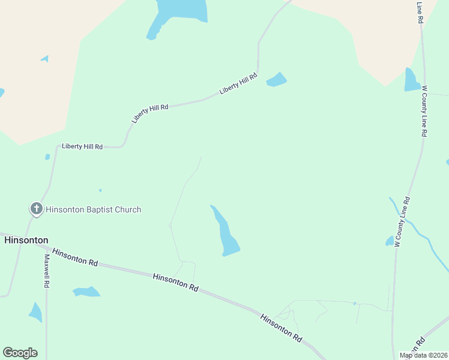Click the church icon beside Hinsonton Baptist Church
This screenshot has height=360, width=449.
[x=36, y=209]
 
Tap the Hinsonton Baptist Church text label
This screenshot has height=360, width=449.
[x=94, y=209]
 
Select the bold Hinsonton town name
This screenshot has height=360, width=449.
[x=26, y=240]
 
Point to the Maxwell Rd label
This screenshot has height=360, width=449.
[x=46, y=271]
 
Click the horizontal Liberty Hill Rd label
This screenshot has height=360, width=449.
[x=82, y=146]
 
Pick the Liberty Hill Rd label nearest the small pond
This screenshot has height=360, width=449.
[x=238, y=84]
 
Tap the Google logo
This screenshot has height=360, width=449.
[x=20, y=352]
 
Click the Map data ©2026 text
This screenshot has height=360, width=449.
[x=423, y=355]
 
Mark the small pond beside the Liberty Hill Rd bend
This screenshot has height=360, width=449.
[x=277, y=79]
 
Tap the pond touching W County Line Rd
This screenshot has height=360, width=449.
[x=411, y=81]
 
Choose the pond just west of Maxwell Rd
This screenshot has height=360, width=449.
[x=35, y=311]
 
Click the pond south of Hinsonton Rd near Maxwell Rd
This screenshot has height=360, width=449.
[x=86, y=292]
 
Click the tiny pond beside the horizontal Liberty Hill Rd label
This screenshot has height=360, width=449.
[x=47, y=157]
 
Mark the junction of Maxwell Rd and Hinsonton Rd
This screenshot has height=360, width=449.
[x=46, y=248]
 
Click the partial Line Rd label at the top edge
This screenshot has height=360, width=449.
[x=420, y=12]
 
